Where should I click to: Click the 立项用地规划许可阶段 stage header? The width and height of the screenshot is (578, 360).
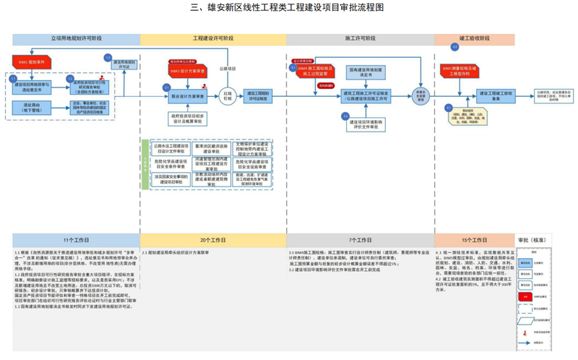76,38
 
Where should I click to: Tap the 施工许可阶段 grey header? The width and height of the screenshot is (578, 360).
360,38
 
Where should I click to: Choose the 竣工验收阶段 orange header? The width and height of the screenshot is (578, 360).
474,38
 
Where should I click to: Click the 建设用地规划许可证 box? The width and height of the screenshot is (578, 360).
120,64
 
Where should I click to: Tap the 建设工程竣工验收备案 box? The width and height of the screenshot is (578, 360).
497,94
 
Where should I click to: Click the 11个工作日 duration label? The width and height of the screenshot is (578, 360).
76,239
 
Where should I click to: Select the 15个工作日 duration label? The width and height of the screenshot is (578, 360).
474,239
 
